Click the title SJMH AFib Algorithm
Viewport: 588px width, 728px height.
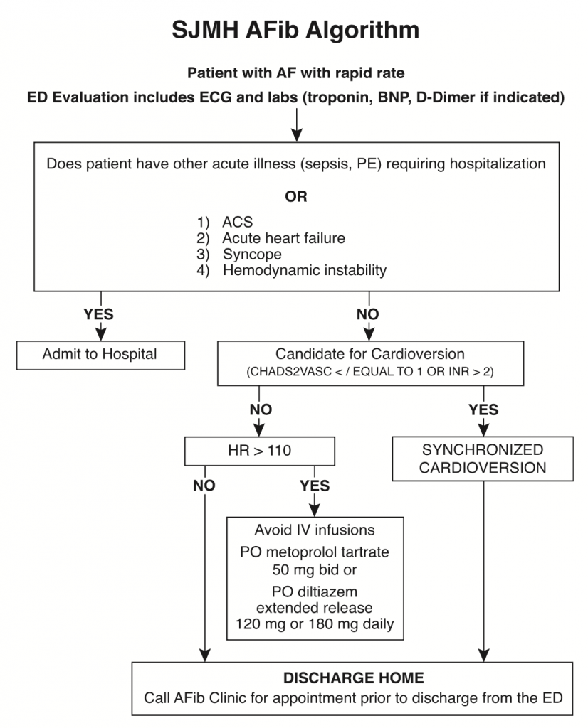point(295,30)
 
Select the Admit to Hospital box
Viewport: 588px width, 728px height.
point(100,354)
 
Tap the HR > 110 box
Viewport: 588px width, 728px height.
point(258,450)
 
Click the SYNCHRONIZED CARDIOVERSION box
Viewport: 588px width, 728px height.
point(482,459)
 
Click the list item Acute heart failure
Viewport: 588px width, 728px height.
point(283,238)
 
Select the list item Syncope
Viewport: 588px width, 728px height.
point(252,254)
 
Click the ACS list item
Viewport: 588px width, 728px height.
point(236,223)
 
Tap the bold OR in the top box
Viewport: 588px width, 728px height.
point(296,197)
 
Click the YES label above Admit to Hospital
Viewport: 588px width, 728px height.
point(99,314)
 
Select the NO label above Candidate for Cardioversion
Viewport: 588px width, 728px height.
point(368,314)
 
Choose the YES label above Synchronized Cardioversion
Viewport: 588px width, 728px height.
point(483,409)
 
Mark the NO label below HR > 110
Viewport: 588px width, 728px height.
point(204,486)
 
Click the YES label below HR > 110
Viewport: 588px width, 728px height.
point(315,486)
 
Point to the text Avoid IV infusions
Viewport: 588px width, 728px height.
point(315,530)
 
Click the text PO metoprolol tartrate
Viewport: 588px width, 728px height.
point(315,552)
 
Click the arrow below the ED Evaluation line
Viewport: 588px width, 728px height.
point(296,126)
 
